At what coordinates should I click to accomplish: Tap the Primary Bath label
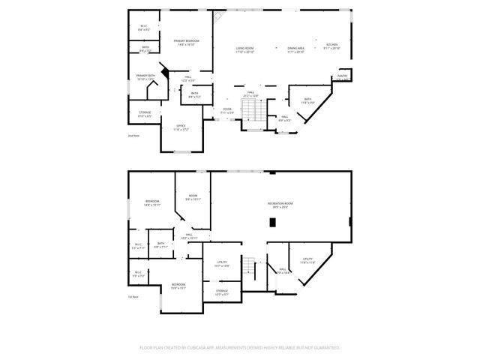(145, 75)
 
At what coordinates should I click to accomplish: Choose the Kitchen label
(331, 45)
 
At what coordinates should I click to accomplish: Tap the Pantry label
(342, 76)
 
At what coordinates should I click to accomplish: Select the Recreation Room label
(280, 204)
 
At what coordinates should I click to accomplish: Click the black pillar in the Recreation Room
(272, 221)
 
